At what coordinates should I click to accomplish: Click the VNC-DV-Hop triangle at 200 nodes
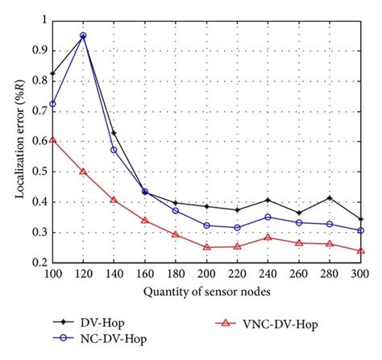pos(206,246)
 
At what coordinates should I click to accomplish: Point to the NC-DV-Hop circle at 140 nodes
pos(114,150)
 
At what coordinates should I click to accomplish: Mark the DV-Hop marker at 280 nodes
pos(330,197)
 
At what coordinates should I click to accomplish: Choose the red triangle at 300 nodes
pos(360,250)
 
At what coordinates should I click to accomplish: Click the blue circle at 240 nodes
pos(268,217)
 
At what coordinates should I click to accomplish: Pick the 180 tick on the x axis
pos(176,274)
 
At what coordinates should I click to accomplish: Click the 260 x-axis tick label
pos(299,274)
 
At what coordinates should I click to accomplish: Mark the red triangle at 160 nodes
pos(144,221)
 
